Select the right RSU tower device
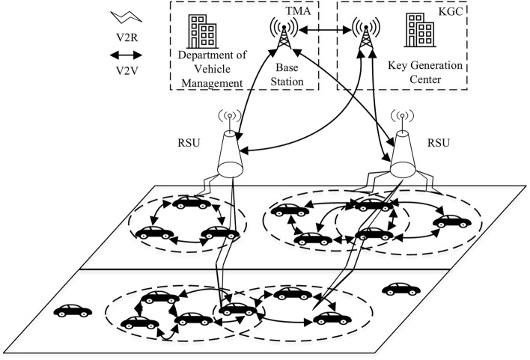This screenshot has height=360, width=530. (402, 146)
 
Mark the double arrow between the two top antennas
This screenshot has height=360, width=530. (323, 33)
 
